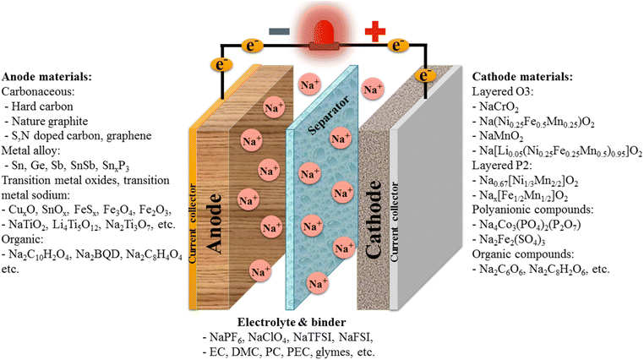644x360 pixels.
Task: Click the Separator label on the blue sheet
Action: (x=330, y=122)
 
